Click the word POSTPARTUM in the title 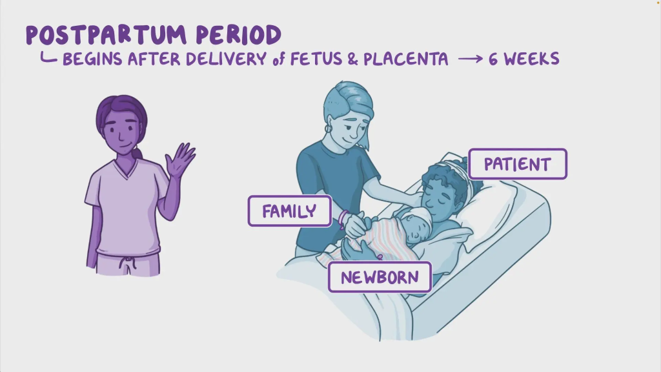(x=106, y=35)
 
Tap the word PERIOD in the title (x=239, y=35)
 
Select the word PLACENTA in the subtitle (x=405, y=59)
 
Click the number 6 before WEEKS (x=493, y=59)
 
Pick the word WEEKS (x=532, y=59)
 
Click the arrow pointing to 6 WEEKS (x=471, y=59)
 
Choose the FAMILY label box (x=290, y=211)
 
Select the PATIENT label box (x=518, y=164)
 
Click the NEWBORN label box (x=380, y=277)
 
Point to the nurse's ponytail (x=136, y=153)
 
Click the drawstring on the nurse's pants (x=127, y=263)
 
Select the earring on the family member (x=328, y=127)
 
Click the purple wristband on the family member (x=343, y=219)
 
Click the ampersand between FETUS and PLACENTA (x=353, y=59)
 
